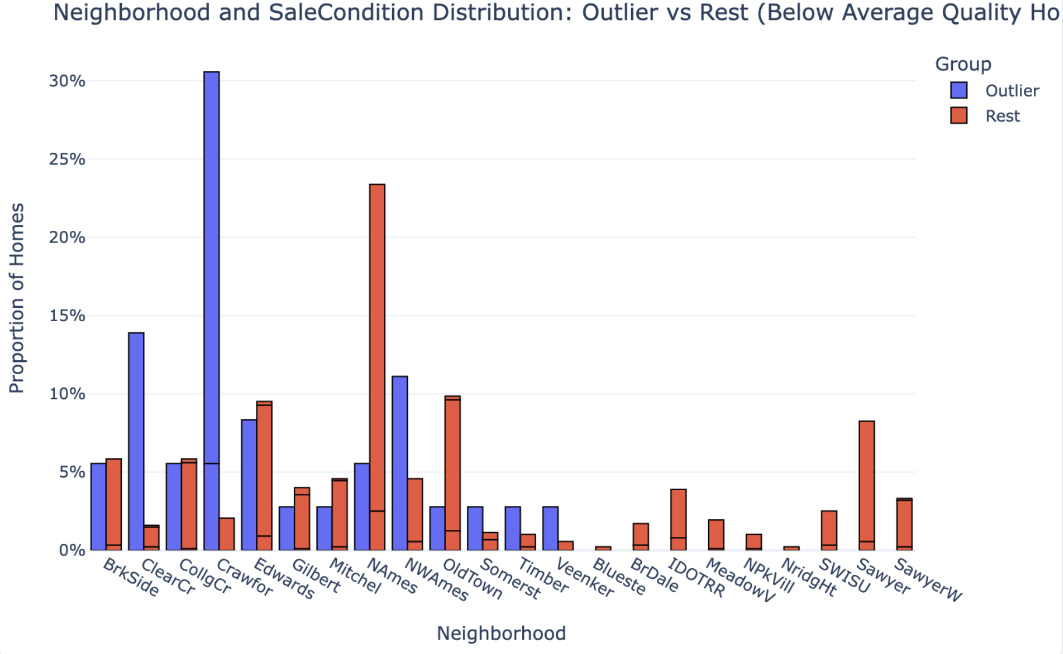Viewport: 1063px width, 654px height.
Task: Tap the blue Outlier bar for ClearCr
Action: pyautogui.click(x=136, y=441)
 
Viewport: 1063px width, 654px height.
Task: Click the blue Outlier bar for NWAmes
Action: pyautogui.click(x=400, y=463)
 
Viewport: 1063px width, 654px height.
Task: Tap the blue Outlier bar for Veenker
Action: pyautogui.click(x=550, y=528)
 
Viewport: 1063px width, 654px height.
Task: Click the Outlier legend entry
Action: pyautogui.click(x=1012, y=91)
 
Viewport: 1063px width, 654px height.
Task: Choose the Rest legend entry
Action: pyautogui.click(x=1002, y=116)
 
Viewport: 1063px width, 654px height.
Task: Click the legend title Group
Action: pyautogui.click(x=963, y=64)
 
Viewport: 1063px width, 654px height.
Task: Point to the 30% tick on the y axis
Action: pyautogui.click(x=67, y=81)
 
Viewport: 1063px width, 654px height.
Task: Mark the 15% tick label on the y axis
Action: pyautogui.click(x=67, y=316)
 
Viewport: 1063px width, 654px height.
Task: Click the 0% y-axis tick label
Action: pyautogui.click(x=72, y=550)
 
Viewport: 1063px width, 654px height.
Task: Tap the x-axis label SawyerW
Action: pyautogui.click(x=928, y=580)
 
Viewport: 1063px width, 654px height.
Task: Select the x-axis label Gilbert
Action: pyautogui.click(x=316, y=576)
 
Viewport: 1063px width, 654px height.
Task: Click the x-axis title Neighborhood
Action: pyautogui.click(x=501, y=634)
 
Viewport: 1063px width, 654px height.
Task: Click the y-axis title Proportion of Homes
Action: pyautogui.click(x=17, y=298)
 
